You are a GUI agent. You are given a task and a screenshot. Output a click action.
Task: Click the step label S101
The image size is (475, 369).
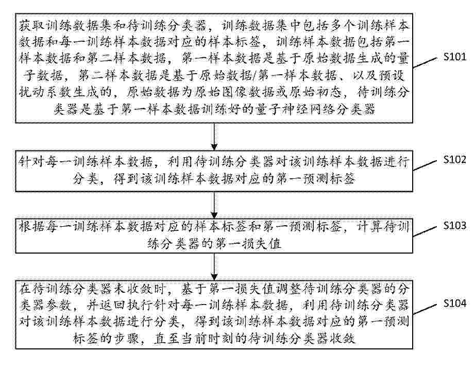455,57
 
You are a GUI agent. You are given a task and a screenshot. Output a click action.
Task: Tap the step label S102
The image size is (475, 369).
455,160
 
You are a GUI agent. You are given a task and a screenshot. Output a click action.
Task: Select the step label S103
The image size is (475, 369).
455,226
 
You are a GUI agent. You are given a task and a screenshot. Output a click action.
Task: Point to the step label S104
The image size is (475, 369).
455,303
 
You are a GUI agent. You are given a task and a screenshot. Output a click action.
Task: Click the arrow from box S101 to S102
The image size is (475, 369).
214,137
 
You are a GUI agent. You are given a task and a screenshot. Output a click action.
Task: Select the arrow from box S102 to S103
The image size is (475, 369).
214,205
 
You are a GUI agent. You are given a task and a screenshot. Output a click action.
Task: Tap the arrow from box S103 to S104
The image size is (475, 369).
214,267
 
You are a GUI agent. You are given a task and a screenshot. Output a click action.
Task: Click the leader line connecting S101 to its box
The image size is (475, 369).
426,63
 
